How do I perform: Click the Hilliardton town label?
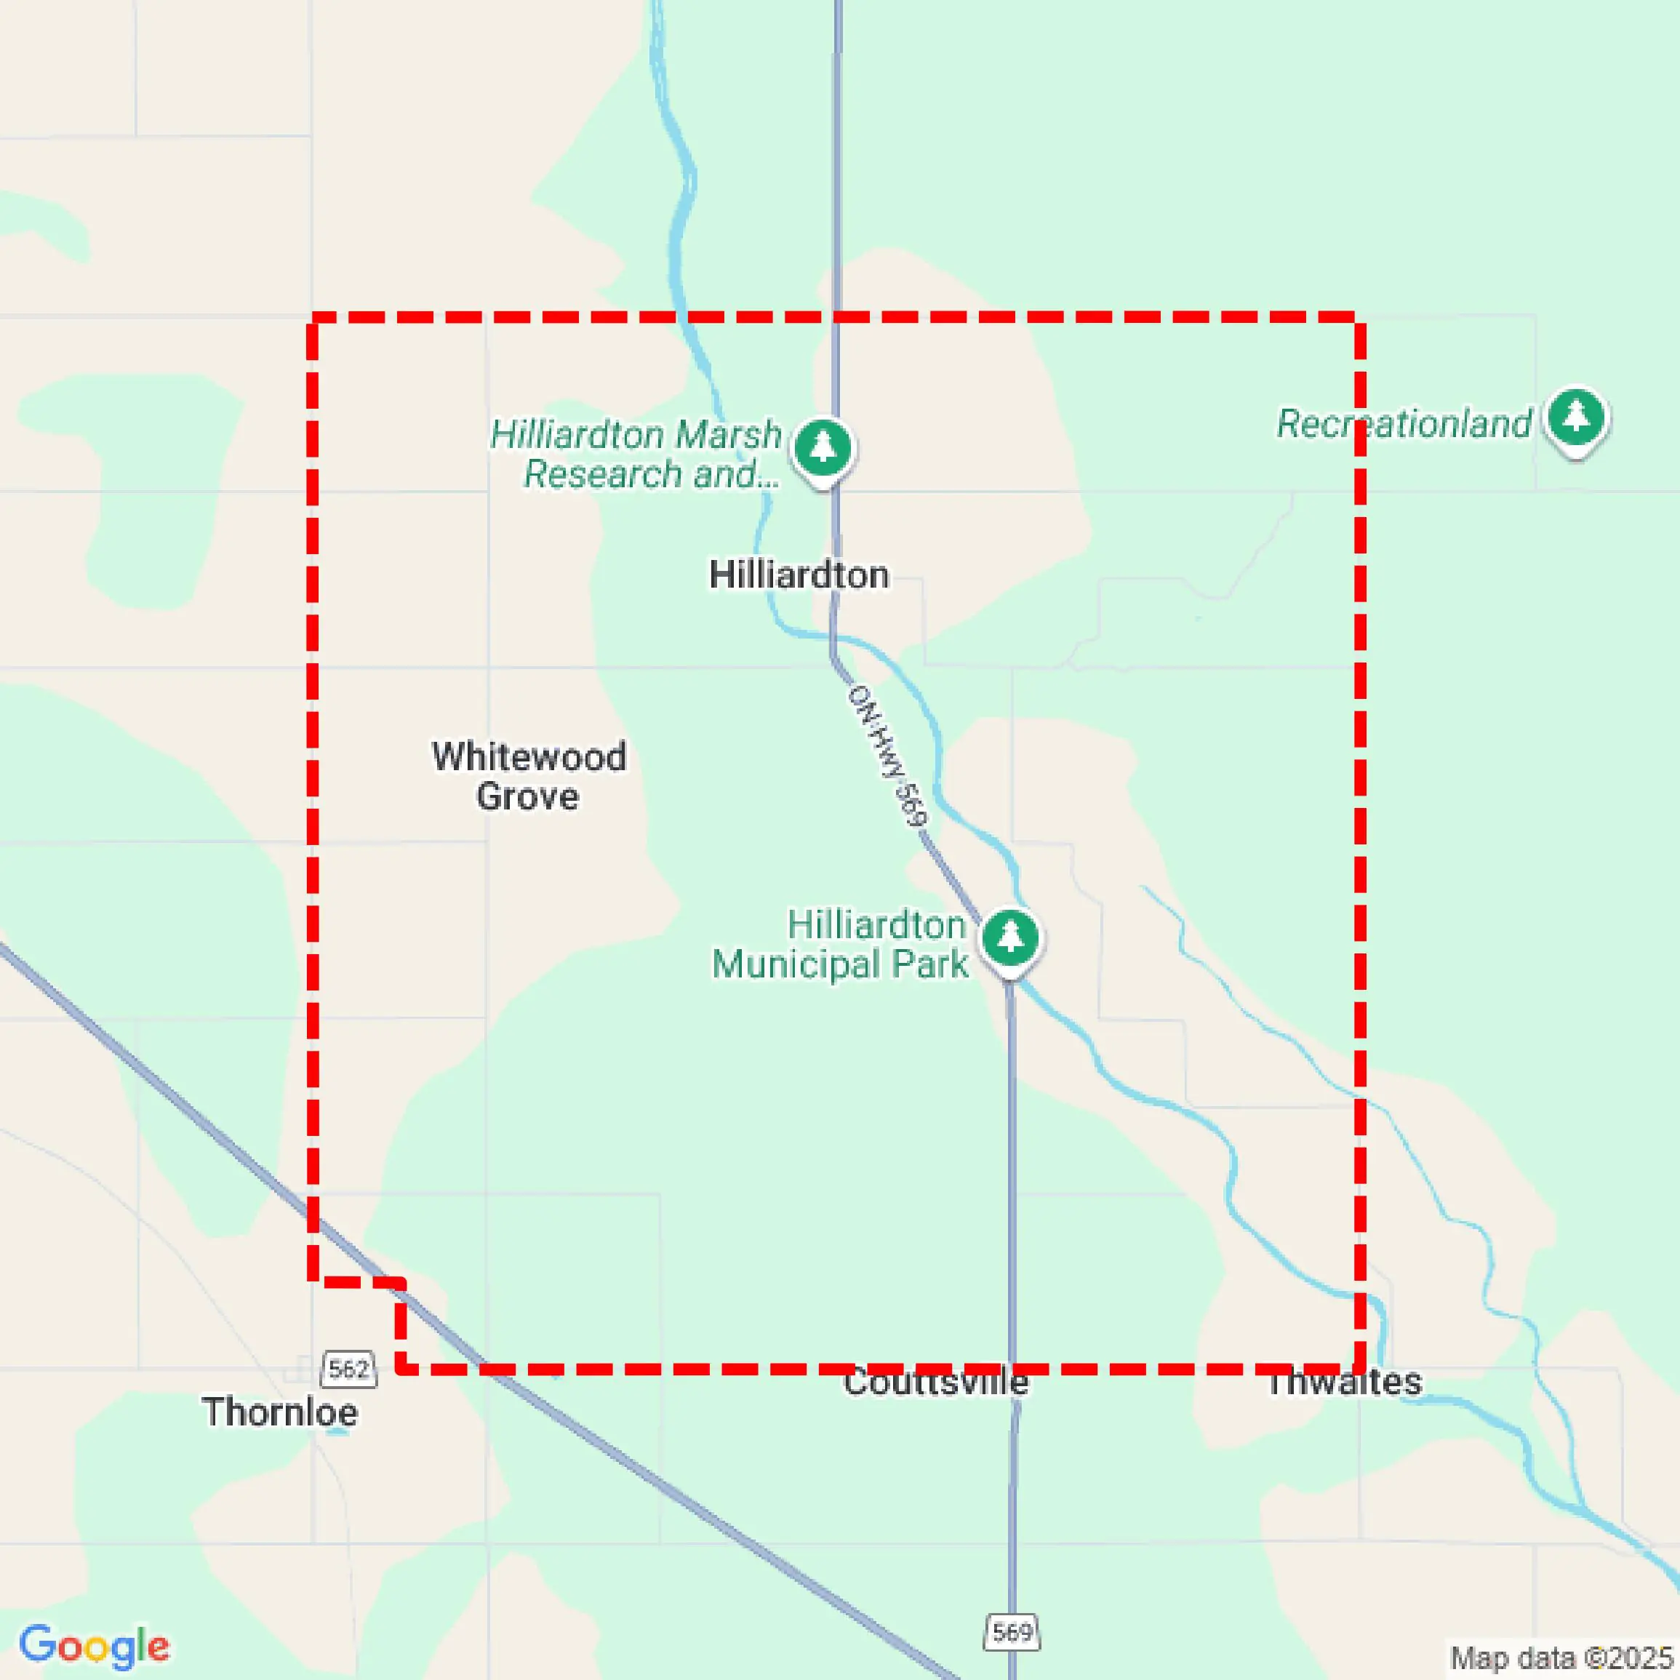tap(799, 575)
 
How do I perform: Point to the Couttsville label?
tap(936, 1382)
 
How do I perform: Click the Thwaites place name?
tap(1344, 1382)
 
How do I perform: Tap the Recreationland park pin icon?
tap(1576, 418)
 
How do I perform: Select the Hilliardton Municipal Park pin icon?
tap(1009, 940)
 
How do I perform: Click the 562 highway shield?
tap(348, 1369)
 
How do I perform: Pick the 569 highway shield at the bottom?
tap(1012, 1631)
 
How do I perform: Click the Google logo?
tap(94, 1645)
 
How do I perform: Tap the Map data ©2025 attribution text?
tap(1561, 1657)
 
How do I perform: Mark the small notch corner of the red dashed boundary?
tap(401, 1281)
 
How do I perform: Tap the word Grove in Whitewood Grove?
tap(527, 796)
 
